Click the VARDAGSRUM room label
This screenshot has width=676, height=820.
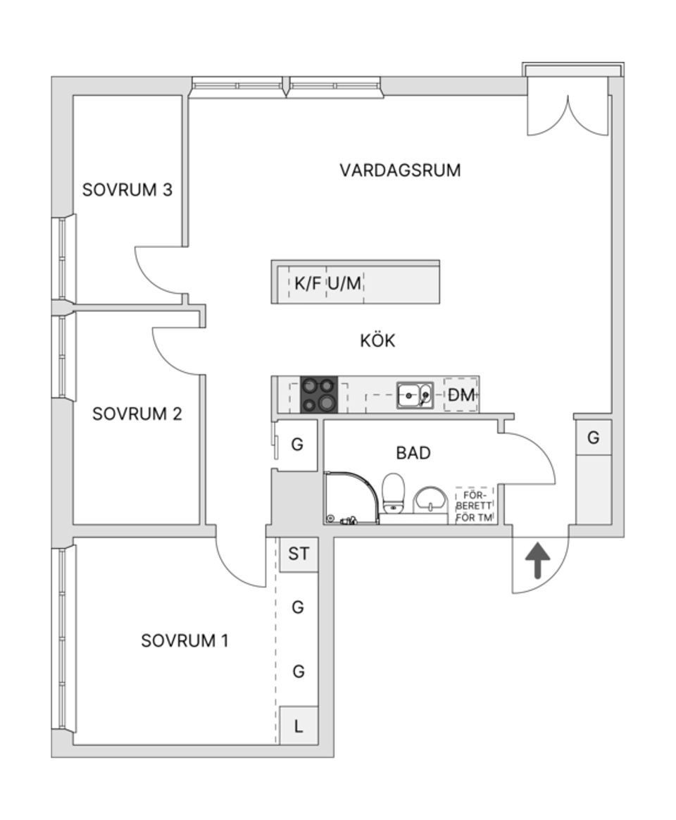[400, 170]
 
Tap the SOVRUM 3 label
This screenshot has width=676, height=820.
[127, 190]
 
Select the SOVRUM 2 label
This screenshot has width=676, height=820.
[137, 414]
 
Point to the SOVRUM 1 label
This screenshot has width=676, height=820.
[184, 641]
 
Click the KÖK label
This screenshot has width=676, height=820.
[377, 341]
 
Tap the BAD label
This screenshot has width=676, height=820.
[413, 453]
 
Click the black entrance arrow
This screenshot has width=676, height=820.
[539, 560]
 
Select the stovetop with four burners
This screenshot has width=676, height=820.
[319, 395]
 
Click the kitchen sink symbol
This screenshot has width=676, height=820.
[415, 395]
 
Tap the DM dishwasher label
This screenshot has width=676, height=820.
[462, 396]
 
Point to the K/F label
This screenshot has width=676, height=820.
[308, 284]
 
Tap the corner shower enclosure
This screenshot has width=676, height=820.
[350, 497]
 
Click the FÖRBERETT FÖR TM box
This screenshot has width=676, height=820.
[475, 504]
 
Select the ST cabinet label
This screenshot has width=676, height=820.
[299, 554]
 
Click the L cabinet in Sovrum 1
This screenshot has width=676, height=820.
[299, 726]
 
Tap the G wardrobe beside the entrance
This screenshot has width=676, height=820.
[594, 438]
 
